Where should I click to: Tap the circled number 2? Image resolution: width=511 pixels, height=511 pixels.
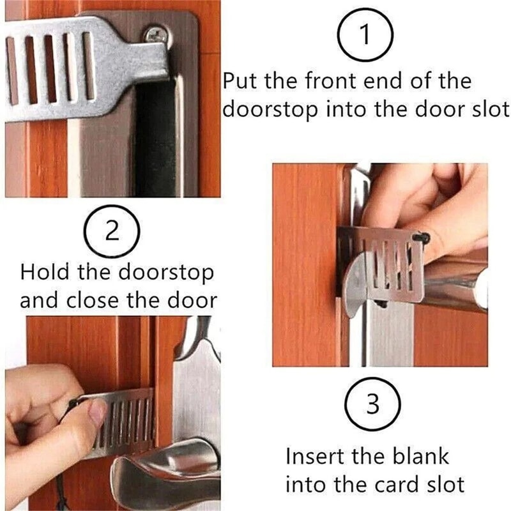coord(112,231)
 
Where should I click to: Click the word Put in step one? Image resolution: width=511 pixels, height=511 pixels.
coord(241,82)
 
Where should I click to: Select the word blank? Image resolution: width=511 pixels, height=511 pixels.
coord(416,457)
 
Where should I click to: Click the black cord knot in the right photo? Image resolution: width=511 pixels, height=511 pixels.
coord(421,239)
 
